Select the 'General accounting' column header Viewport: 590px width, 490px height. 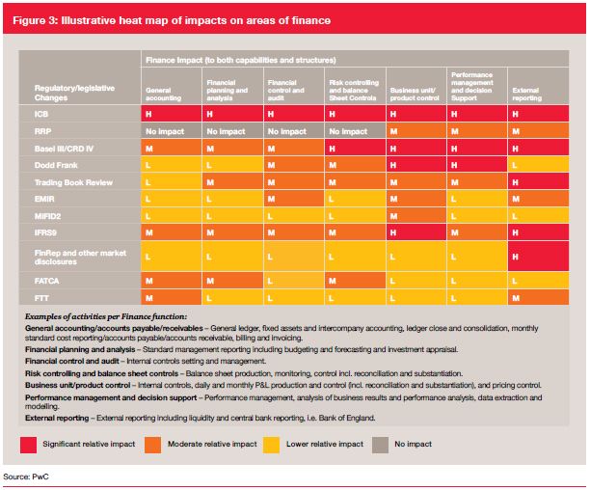click(163, 95)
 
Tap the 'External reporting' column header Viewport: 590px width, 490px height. click(526, 95)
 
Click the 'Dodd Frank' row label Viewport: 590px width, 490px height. click(56, 165)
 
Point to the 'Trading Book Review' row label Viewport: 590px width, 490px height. click(73, 182)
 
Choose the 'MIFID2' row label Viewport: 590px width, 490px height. click(47, 216)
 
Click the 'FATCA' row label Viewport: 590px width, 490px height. click(46, 281)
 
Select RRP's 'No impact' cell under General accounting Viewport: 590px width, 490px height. click(172, 131)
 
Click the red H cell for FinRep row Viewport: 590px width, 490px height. click(538, 257)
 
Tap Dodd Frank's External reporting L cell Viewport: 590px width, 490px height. click(538, 165)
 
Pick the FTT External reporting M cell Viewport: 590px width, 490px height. click(538, 298)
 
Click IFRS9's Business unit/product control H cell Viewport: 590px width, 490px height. click(416, 232)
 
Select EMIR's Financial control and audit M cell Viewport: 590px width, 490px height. click(294, 199)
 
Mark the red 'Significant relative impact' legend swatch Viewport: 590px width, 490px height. click(29, 445)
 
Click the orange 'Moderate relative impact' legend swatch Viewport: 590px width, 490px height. click(152, 445)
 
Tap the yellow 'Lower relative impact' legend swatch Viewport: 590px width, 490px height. click(271, 445)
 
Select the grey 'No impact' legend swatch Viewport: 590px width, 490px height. click(380, 445)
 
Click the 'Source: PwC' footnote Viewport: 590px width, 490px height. click(26, 476)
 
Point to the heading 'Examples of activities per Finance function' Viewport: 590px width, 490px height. click(106, 316)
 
